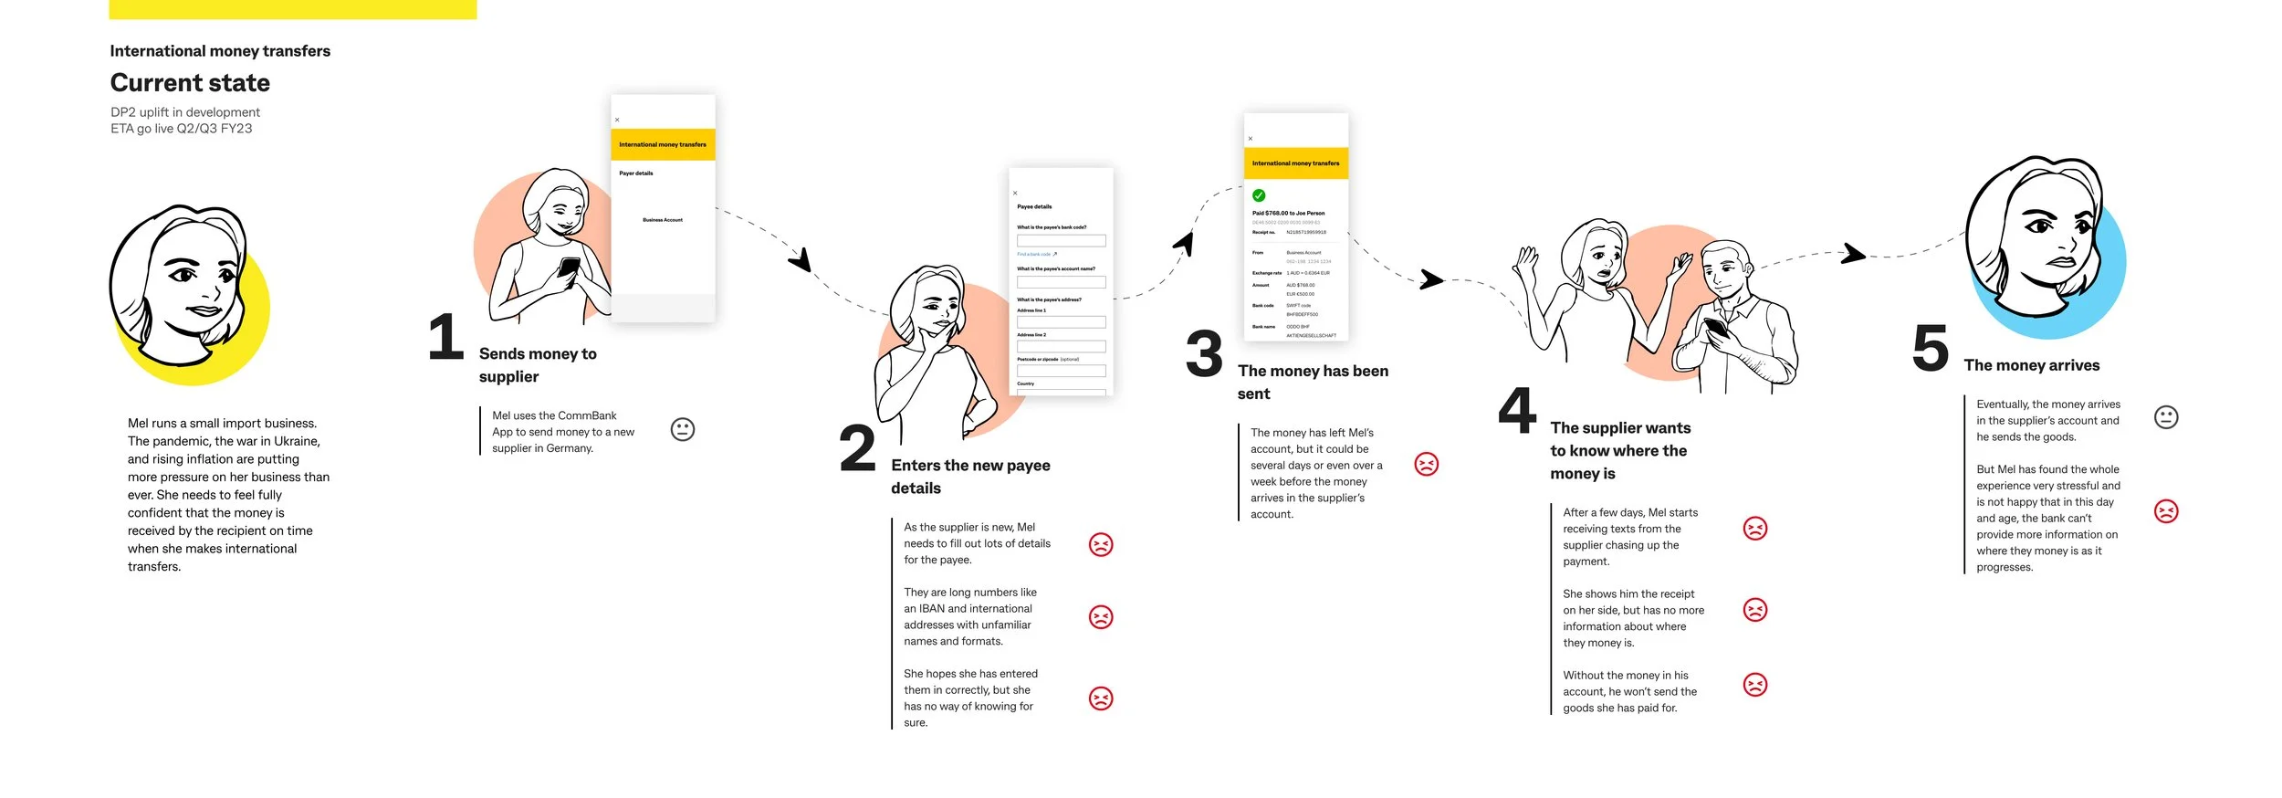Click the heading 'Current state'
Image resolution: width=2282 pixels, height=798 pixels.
[x=190, y=83]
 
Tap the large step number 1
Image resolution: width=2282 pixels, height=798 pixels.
[x=445, y=337]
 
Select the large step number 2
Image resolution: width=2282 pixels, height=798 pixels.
[x=857, y=448]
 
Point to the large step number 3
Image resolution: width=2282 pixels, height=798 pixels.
[x=1204, y=354]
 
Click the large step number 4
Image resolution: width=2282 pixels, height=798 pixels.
[x=1517, y=411]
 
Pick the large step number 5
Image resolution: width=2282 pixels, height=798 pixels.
[x=1930, y=348]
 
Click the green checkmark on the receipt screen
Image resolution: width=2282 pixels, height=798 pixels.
[x=1259, y=195]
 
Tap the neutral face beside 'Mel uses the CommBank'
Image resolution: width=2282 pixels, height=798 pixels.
[x=683, y=429]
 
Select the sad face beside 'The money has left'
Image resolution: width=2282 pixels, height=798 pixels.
[x=1426, y=464]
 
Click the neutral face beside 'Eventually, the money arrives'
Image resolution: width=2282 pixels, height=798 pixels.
[x=2166, y=417]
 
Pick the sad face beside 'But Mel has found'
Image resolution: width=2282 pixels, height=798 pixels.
[x=2166, y=511]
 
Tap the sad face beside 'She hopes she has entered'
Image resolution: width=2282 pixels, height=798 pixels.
[x=1101, y=698]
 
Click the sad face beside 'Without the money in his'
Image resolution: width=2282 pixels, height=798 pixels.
[x=1754, y=685]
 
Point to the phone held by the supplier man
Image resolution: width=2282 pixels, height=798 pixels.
[x=1715, y=328]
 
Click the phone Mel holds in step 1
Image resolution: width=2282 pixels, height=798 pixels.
[x=569, y=268]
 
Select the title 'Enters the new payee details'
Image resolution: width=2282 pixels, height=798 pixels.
[x=969, y=477]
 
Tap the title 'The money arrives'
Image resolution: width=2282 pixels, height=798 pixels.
[x=2031, y=365]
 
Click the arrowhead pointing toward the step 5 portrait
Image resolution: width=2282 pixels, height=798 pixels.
[x=1853, y=253]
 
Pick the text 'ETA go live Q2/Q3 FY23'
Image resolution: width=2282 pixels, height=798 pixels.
[x=182, y=129]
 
